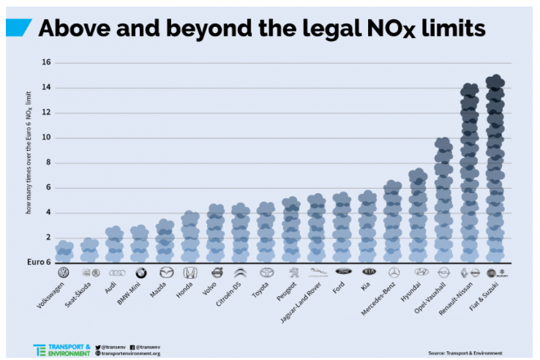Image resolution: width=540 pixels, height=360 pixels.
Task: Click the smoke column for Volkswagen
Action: tap(64, 251)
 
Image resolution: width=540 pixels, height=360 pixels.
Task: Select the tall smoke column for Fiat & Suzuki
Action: tap(495, 168)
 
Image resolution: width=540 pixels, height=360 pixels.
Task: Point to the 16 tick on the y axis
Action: tap(46, 63)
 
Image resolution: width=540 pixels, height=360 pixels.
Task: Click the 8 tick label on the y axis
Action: tap(48, 162)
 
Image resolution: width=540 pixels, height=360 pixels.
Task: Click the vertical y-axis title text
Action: tap(29, 162)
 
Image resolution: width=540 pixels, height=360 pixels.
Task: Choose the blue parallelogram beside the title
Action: tap(18, 28)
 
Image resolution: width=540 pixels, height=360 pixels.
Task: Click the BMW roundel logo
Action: tap(140, 273)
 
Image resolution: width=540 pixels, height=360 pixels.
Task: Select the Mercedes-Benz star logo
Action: tap(394, 273)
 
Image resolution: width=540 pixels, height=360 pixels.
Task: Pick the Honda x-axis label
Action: tap(183, 291)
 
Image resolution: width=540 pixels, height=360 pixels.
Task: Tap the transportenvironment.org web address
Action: tap(131, 353)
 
